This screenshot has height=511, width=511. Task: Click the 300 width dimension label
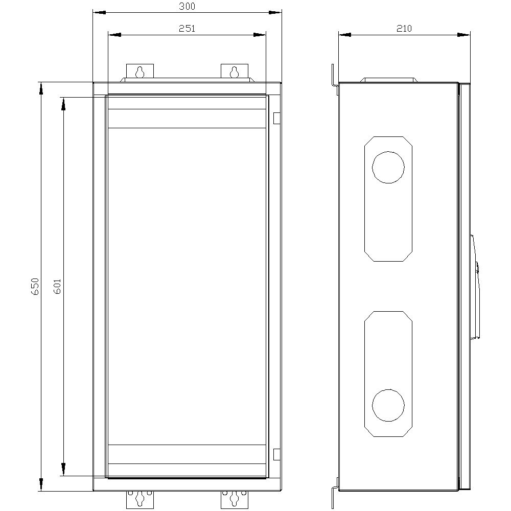pos(187,6)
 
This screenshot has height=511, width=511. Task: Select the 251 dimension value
pos(187,29)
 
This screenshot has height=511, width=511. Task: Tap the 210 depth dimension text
pos(404,29)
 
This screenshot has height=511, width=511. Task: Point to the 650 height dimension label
pos(35,286)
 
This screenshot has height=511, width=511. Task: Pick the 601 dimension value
pos(57,286)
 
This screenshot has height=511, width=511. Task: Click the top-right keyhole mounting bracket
pos(234,72)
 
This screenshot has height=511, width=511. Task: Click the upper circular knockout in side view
pos(388,167)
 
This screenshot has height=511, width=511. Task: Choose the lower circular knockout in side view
pos(388,406)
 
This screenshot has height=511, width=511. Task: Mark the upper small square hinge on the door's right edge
pos(276,119)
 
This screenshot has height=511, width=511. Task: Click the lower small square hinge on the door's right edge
pos(276,454)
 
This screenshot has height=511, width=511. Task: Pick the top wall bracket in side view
pos(334,79)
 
